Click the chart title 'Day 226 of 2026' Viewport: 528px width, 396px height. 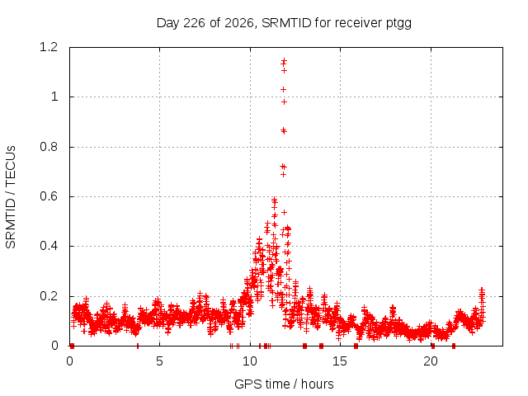[205, 23]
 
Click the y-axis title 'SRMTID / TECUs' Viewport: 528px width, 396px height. [11, 197]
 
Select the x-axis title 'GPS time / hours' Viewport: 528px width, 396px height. [284, 384]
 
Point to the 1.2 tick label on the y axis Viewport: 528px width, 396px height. [49, 47]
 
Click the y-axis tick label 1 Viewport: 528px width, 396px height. [54, 97]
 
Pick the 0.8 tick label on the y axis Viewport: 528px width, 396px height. [49, 147]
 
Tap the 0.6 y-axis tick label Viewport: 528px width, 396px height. [49, 196]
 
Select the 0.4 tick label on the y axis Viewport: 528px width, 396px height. [49, 246]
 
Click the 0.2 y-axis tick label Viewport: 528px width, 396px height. [49, 296]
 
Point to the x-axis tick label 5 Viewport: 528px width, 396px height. [159, 361]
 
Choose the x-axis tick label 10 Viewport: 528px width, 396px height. [250, 361]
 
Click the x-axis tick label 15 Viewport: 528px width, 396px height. [340, 361]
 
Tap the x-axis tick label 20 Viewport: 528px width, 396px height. [431, 361]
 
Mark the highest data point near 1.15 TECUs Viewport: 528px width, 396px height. [284, 60]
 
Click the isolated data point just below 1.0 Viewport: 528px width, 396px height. [284, 101]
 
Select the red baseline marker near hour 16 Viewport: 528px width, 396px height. [356, 346]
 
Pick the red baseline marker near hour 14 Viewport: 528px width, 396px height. [321, 346]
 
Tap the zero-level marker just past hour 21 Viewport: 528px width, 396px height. [454, 346]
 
